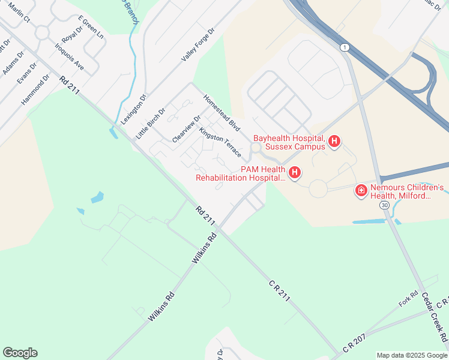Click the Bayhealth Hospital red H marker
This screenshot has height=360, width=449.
pyautogui.click(x=334, y=142)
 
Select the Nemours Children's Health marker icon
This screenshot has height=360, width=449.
pyautogui.click(x=361, y=191)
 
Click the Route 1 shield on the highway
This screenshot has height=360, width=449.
pyautogui.click(x=344, y=47)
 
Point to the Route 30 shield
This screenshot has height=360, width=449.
pyautogui.click(x=384, y=205)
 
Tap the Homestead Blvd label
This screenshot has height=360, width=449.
pyautogui.click(x=221, y=113)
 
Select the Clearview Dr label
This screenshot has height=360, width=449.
pyautogui.click(x=186, y=128)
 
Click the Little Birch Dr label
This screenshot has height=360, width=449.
pyautogui.click(x=151, y=124)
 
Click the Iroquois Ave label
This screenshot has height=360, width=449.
pyautogui.click(x=69, y=56)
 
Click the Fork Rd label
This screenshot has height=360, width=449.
pyautogui.click(x=408, y=300)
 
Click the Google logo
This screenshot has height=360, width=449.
pyautogui.click(x=20, y=353)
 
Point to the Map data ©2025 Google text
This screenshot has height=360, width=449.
pyautogui.click(x=412, y=355)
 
